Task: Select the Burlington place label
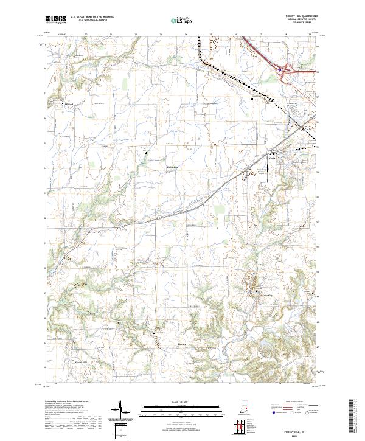pyautogui.click(x=172, y=166)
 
